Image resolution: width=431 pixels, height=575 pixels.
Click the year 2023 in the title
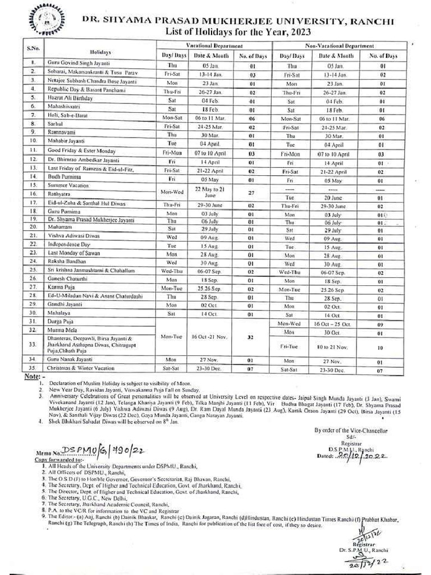(325, 32)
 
